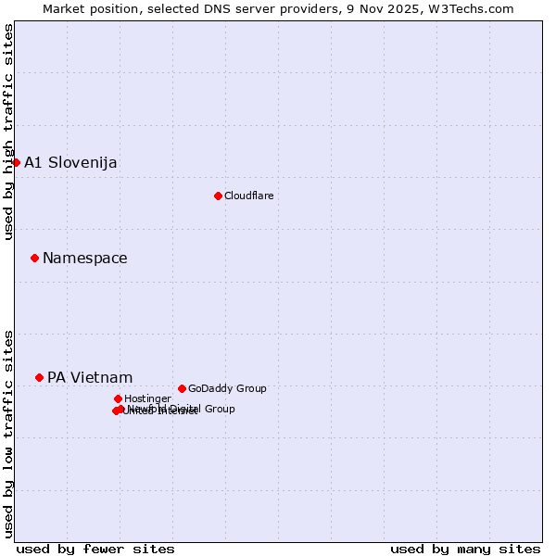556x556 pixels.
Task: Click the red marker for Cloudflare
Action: coord(218,196)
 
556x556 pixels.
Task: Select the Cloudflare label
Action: coord(248,196)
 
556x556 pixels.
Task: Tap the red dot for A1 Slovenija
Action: coord(16,162)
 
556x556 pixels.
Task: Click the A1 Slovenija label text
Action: coord(70,163)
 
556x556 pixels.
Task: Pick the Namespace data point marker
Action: coord(34,258)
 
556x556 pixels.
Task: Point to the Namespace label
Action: coord(85,259)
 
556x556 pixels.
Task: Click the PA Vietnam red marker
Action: coord(39,377)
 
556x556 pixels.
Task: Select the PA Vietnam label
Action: coord(90,378)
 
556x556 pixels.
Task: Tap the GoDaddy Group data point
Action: coord(182,388)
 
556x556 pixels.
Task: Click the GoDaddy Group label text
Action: coord(227,389)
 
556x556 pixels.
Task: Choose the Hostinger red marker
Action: coord(118,398)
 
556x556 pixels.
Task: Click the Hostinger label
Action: coord(147,399)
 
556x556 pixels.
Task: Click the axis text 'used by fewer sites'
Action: coord(95,549)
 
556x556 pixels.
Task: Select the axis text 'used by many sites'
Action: coord(465,549)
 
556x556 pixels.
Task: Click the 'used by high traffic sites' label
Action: coord(8,132)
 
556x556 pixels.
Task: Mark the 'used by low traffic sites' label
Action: coord(8,433)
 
